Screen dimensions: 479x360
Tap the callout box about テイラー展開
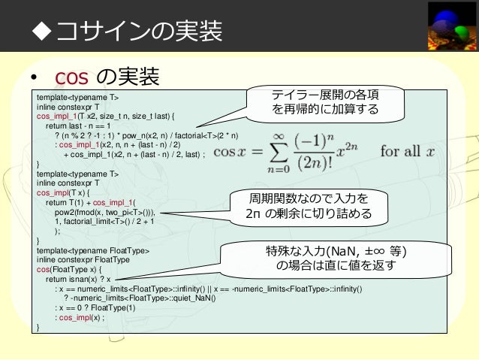[325, 104]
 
